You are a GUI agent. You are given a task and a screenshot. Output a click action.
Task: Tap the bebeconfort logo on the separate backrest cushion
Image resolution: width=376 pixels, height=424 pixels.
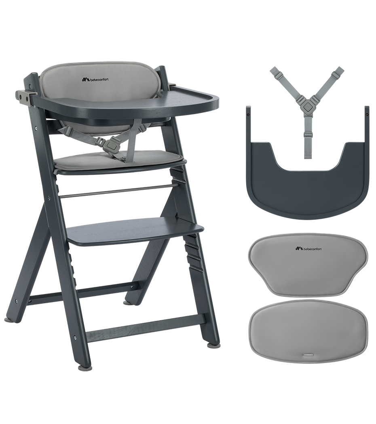[x=308, y=248]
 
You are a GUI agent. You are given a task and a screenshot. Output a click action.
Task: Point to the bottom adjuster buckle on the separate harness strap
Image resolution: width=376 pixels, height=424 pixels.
[x=307, y=134]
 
